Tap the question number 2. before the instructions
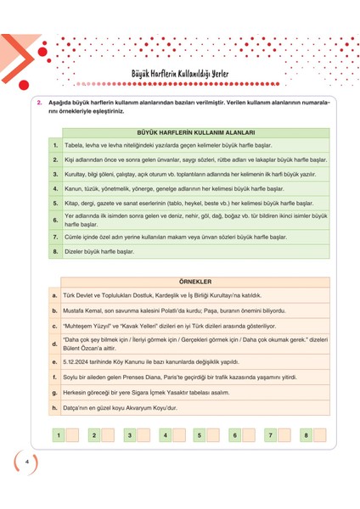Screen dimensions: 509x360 click(x=40, y=103)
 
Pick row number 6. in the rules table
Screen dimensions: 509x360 click(x=54, y=220)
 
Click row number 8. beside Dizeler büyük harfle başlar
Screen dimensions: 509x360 click(x=54, y=252)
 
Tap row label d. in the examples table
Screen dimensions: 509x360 click(x=54, y=344)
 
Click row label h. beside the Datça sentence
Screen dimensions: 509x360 click(x=54, y=408)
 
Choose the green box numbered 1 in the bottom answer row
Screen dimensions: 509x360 click(x=58, y=435)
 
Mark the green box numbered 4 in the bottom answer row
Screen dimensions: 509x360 click(x=163, y=435)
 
